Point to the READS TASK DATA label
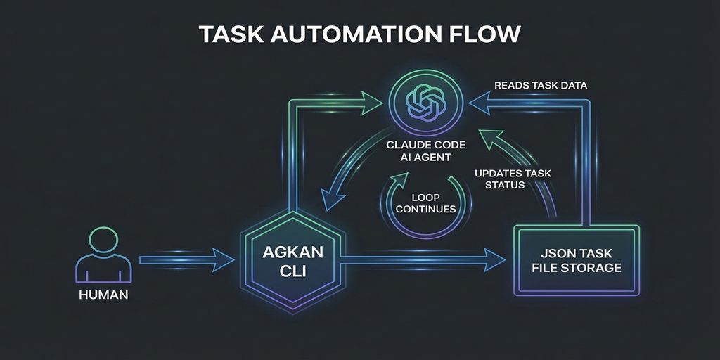click(x=540, y=85)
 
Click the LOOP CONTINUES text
click(x=426, y=203)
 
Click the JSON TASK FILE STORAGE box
click(x=577, y=261)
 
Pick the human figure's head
click(x=103, y=238)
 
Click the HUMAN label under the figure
click(x=103, y=295)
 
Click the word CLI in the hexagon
click(x=289, y=271)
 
